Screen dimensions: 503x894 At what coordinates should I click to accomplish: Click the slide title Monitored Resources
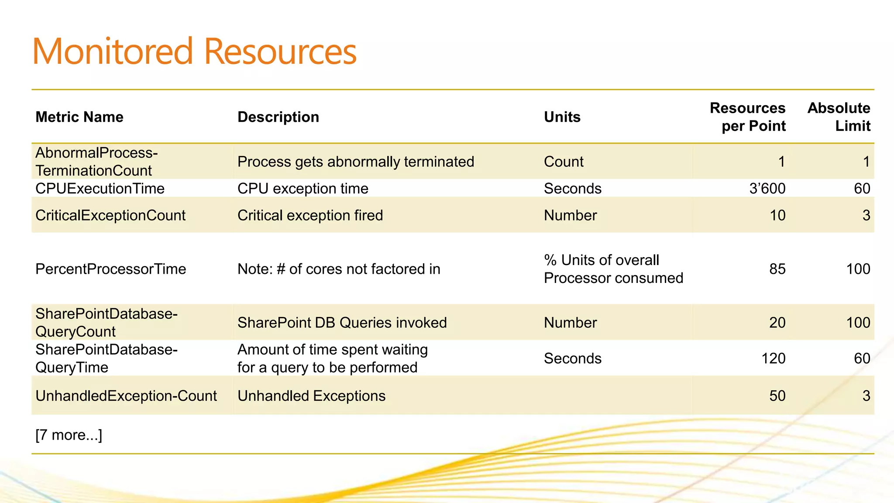point(194,52)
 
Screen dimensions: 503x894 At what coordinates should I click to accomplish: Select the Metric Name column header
point(79,117)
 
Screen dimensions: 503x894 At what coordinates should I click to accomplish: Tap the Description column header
point(278,117)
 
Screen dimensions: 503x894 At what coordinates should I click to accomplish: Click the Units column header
point(562,117)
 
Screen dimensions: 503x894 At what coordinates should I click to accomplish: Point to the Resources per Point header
point(747,117)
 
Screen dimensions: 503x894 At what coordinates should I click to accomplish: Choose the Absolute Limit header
point(839,117)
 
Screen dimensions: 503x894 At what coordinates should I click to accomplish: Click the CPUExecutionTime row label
point(100,189)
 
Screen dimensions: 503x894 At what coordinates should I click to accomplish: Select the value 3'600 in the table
point(767,189)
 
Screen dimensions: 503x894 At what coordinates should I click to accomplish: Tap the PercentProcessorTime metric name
point(110,269)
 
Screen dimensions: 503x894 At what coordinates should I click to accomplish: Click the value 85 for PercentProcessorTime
point(777,269)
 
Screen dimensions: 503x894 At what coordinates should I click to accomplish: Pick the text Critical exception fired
point(310,215)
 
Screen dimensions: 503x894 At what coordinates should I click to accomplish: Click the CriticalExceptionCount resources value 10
point(777,215)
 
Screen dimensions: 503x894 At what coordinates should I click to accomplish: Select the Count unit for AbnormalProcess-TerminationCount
point(564,162)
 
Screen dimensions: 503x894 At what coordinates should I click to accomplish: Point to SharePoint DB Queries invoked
point(342,323)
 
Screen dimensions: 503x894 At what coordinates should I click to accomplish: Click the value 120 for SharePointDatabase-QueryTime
point(773,358)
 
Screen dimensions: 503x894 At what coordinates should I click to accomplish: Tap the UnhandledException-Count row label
point(126,396)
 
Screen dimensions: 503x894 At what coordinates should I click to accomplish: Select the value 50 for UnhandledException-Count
point(777,396)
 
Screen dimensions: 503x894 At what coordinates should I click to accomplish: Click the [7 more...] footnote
point(69,435)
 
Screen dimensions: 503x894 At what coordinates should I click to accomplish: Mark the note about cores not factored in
point(338,269)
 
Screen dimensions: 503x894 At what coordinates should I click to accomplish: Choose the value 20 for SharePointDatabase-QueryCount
point(777,323)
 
